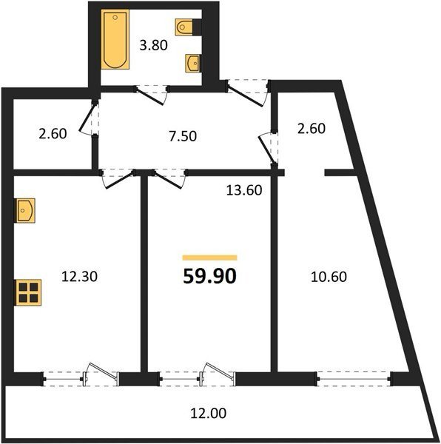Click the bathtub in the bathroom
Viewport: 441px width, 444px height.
pyautogui.click(x=115, y=39)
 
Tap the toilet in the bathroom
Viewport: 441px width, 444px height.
pyautogui.click(x=184, y=27)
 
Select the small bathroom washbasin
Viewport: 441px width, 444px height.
pyautogui.click(x=193, y=63)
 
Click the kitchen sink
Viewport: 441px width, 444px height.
pyautogui.click(x=24, y=210)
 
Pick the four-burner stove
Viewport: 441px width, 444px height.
pyautogui.click(x=28, y=292)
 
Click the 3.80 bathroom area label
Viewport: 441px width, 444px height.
pyautogui.click(x=153, y=45)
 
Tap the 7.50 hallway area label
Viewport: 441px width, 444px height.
pyautogui.click(x=183, y=136)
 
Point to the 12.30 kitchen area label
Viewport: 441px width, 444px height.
pyautogui.click(x=79, y=276)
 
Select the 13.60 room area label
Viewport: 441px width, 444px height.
pyautogui.click(x=244, y=190)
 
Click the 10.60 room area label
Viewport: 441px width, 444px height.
pyautogui.click(x=329, y=277)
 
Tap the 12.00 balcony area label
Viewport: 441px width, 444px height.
pyautogui.click(x=208, y=413)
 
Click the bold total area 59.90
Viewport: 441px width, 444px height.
pyautogui.click(x=209, y=276)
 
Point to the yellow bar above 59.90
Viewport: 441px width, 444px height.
pyautogui.click(x=209, y=258)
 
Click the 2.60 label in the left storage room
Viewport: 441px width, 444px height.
pyautogui.click(x=53, y=134)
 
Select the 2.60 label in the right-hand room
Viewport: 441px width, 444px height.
pyautogui.click(x=312, y=128)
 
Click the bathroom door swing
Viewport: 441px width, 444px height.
pyautogui.click(x=151, y=95)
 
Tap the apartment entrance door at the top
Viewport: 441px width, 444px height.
pyautogui.click(x=247, y=93)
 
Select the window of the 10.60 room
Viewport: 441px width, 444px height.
pyautogui.click(x=354, y=379)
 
